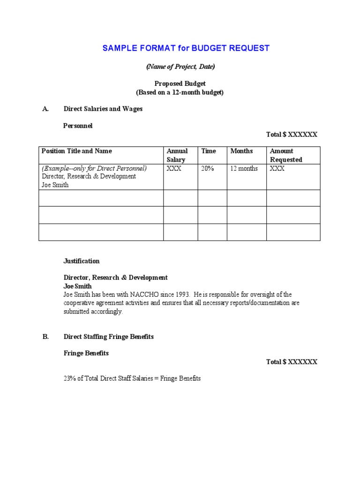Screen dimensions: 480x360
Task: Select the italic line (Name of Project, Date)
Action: (x=180, y=67)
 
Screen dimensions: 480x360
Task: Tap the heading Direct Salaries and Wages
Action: (x=103, y=109)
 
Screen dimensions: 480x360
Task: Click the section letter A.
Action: (x=45, y=109)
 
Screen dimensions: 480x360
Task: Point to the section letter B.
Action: (x=45, y=337)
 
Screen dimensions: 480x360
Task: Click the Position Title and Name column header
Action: (x=77, y=151)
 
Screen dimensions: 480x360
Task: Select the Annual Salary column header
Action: (x=177, y=155)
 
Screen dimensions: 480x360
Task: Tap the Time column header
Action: (x=209, y=151)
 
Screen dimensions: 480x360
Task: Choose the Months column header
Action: (x=241, y=151)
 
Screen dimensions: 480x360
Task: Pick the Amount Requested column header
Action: (x=286, y=155)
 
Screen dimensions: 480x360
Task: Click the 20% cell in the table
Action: (x=208, y=168)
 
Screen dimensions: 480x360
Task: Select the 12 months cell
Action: (x=244, y=168)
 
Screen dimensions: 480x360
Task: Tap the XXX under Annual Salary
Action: (x=174, y=168)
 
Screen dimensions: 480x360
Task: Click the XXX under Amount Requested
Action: (x=277, y=168)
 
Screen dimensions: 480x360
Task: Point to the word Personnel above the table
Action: (x=78, y=126)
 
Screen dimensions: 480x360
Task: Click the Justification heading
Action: (x=82, y=261)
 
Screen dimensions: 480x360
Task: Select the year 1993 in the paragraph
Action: (x=182, y=294)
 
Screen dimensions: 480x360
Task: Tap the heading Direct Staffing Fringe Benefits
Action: (x=109, y=337)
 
